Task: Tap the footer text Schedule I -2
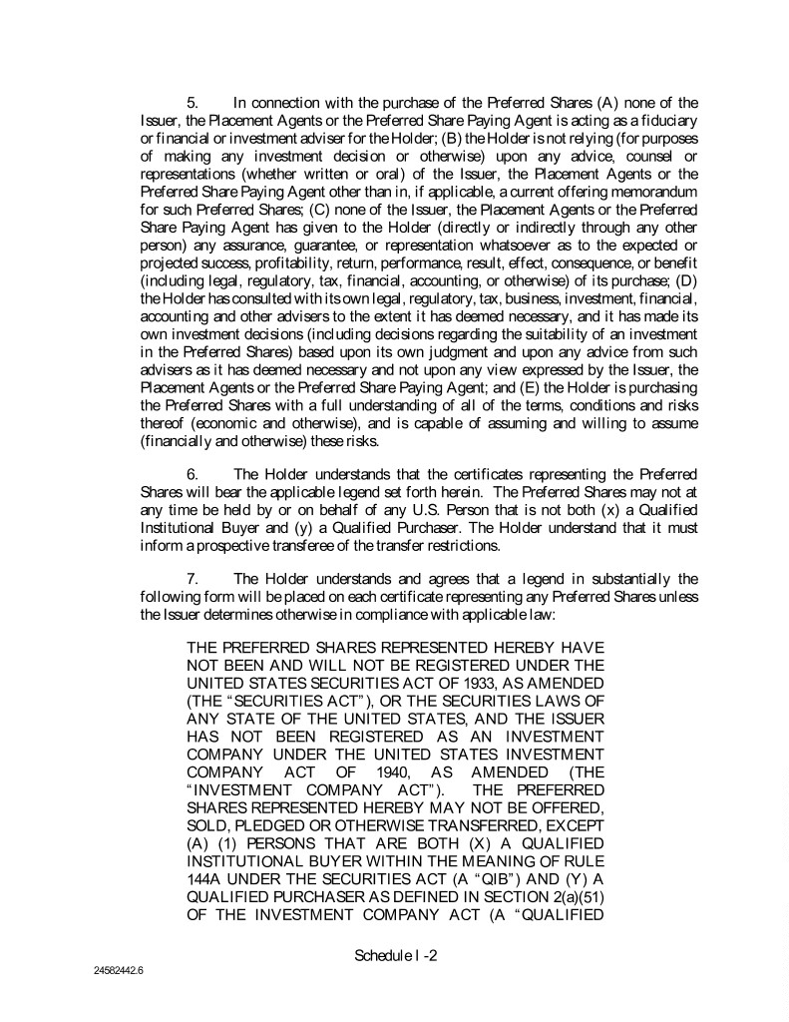[396, 955]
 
